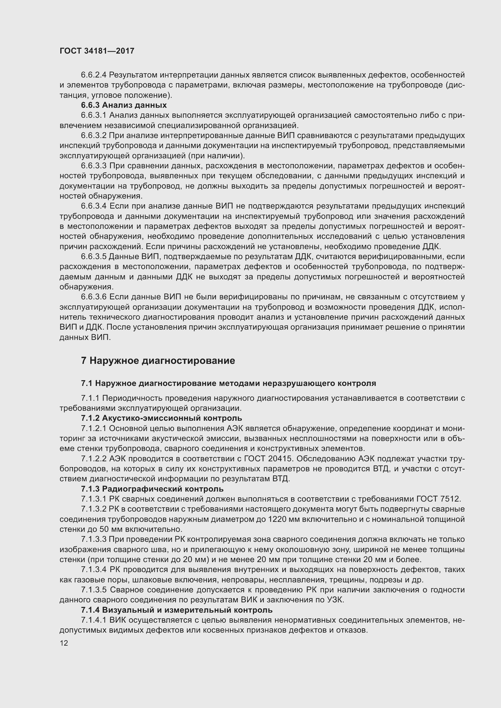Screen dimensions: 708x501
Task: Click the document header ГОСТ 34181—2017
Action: click(x=97, y=51)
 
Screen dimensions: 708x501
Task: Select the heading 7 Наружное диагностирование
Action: click(x=158, y=361)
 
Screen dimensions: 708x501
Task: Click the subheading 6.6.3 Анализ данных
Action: click(x=124, y=105)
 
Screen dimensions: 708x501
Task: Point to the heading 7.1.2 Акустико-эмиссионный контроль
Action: click(x=161, y=418)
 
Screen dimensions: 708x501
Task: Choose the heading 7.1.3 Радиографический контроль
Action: click(x=152, y=489)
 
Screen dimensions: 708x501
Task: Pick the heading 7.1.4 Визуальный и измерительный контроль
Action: click(x=177, y=610)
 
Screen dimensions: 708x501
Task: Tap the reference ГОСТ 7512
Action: click(x=438, y=499)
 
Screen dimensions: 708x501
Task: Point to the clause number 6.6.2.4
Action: click(x=94, y=75)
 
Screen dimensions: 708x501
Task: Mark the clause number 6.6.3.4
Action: click(x=94, y=206)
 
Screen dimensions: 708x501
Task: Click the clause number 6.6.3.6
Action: click(x=94, y=297)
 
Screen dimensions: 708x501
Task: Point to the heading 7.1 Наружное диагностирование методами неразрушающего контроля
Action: click(x=228, y=383)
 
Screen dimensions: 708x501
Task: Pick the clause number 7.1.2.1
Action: click(x=94, y=428)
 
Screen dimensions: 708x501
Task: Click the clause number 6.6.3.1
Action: click(x=94, y=115)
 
